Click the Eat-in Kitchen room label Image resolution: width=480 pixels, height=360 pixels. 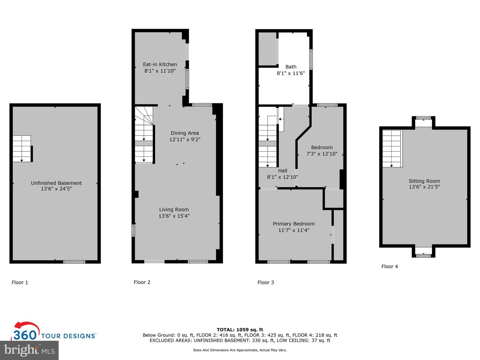pyautogui.click(x=160, y=64)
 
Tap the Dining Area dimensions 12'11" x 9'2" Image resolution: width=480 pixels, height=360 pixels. pyautogui.click(x=185, y=139)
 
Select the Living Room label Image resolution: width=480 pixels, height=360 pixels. pyautogui.click(x=174, y=209)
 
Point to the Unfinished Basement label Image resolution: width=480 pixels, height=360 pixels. pyautogui.click(x=56, y=183)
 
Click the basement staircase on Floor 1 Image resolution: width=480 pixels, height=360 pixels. pyautogui.click(x=22, y=149)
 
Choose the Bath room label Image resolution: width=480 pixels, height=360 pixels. pyautogui.click(x=291, y=67)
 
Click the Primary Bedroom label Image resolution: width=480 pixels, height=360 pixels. pyautogui.click(x=294, y=224)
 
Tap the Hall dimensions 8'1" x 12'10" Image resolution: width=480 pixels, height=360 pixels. pyautogui.click(x=282, y=177)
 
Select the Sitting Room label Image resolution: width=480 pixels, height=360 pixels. pyautogui.click(x=424, y=181)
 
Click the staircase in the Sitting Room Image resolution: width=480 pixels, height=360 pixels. pyautogui.click(x=392, y=148)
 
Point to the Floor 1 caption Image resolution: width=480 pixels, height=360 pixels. pyautogui.click(x=20, y=282)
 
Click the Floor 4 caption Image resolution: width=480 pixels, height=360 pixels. pyautogui.click(x=389, y=266)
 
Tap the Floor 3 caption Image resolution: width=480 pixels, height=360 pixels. pyautogui.click(x=266, y=282)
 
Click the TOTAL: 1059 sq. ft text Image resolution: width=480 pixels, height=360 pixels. pyautogui.click(x=240, y=330)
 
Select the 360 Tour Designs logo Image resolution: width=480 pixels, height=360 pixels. pyautogui.click(x=54, y=332)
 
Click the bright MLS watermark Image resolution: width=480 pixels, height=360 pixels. pyautogui.click(x=29, y=350)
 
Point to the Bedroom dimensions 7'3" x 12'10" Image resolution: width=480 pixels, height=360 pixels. pyautogui.click(x=322, y=154)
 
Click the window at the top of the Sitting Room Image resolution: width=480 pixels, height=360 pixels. pyautogui.click(x=423, y=118)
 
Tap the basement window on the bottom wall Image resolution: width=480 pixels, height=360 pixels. pyautogui.click(x=74, y=262)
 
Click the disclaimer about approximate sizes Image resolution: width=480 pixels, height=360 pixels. pyautogui.click(x=240, y=350)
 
